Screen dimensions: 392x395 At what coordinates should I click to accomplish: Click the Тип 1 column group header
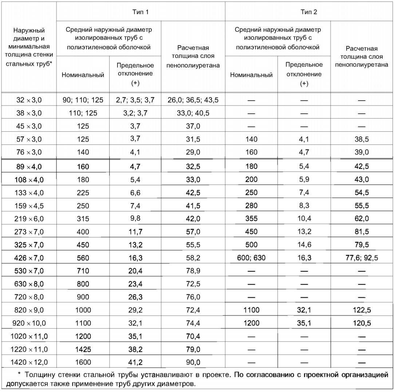coord(141,12)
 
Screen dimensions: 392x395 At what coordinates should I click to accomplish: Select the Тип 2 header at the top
coord(309,12)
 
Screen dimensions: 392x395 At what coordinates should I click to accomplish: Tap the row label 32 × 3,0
coord(29,100)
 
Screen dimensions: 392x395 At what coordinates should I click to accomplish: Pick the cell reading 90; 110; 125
coord(83,100)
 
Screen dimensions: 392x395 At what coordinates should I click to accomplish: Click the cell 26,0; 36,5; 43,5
coord(193,100)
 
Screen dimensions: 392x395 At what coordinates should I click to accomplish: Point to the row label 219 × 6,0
coord(29,218)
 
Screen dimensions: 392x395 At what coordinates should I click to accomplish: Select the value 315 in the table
coord(83,218)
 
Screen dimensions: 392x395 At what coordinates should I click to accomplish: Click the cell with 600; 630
coord(251,258)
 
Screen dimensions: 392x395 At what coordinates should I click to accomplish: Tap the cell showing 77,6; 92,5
coord(362,258)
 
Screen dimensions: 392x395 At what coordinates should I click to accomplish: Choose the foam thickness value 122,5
coord(362,310)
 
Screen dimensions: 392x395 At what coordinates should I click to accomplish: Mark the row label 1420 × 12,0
coord(29,362)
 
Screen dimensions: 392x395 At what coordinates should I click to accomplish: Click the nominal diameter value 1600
coord(83,362)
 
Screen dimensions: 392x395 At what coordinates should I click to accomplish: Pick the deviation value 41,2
coord(135,362)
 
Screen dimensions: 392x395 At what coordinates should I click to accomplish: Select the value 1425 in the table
coord(83,349)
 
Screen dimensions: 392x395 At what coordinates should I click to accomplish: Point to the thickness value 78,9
coord(193,271)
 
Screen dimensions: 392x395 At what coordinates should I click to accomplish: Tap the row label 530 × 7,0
coord(29,271)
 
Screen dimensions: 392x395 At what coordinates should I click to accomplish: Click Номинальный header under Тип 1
coord(83,75)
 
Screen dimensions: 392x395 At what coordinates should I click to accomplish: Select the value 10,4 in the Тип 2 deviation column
coord(304,218)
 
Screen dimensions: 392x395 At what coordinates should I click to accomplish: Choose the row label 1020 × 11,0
coord(29,336)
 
